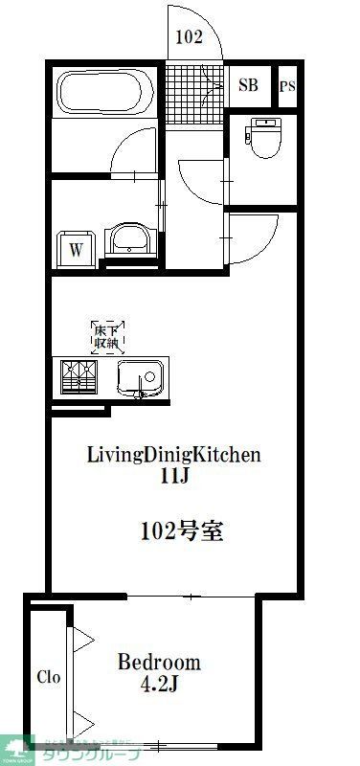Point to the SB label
click(249, 84)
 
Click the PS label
click(287, 86)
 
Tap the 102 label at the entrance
click(190, 39)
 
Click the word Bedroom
click(159, 662)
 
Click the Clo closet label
click(49, 677)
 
